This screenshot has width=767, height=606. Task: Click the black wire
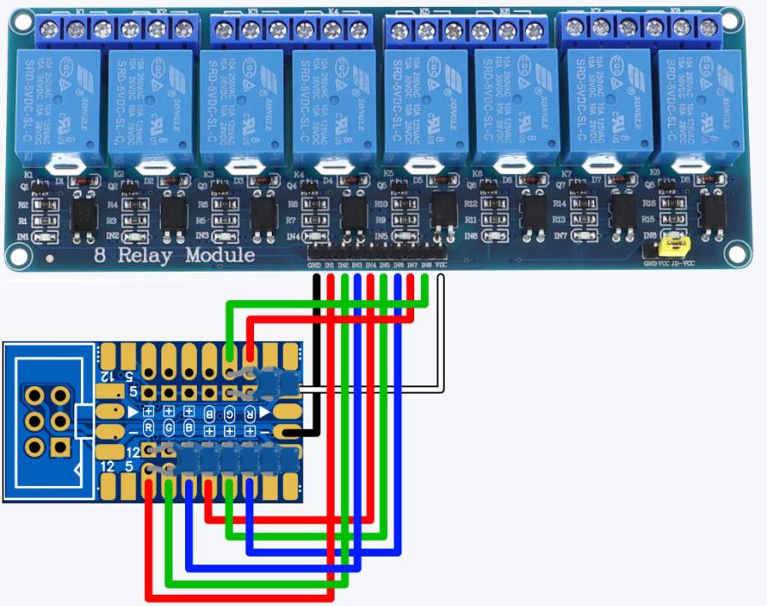pyautogui.click(x=316, y=358)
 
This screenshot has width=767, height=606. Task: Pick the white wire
pyautogui.click(x=441, y=341)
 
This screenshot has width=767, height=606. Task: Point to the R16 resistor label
pyautogui.click(x=649, y=204)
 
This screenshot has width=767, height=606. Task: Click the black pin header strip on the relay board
pyautogui.click(x=377, y=253)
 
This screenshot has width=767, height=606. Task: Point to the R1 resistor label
pyautogui.click(x=24, y=220)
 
